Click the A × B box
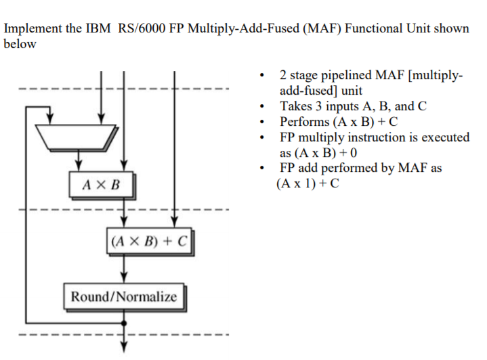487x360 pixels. [100, 183]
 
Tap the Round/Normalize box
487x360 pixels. [124, 296]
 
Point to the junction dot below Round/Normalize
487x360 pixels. [123, 323]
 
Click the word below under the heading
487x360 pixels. [20, 44]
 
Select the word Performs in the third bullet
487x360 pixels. [303, 122]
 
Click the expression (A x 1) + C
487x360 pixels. [308, 183]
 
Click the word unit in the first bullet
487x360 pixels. [350, 91]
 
